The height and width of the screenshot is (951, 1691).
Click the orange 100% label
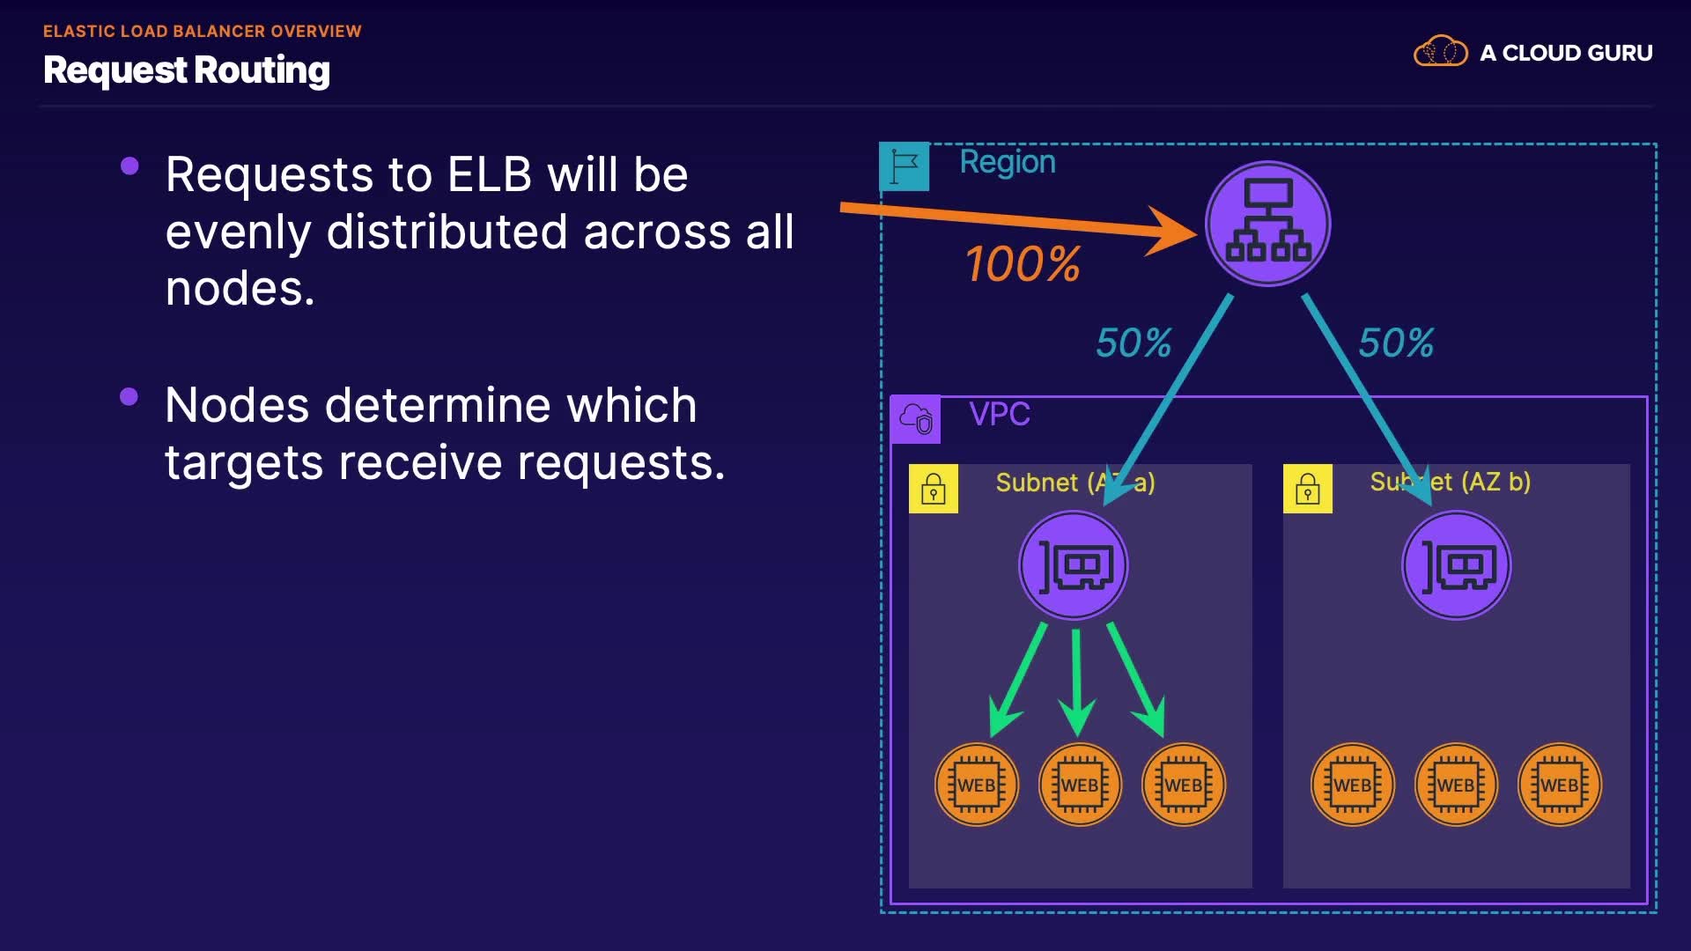coord(1023,264)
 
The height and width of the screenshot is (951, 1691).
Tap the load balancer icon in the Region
coord(1267,224)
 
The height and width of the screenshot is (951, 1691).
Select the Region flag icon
coord(905,166)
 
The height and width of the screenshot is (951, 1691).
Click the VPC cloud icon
coord(916,419)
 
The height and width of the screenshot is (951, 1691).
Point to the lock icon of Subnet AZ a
coord(934,489)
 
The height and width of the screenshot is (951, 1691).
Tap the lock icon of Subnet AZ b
coord(1308,489)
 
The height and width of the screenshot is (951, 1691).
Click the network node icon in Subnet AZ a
coord(1074,566)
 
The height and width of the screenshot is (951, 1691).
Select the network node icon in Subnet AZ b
coord(1457,566)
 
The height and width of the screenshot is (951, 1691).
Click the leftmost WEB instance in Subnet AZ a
coord(977,785)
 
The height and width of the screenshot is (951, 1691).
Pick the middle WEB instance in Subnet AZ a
coord(1080,785)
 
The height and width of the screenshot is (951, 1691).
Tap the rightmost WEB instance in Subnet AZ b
coord(1560,785)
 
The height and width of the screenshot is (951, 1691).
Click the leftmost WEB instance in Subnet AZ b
coord(1353,785)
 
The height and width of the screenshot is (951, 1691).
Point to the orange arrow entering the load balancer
coord(1013,219)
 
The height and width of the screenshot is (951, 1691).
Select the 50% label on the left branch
coord(1133,343)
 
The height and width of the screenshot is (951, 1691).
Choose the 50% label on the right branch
coord(1396,343)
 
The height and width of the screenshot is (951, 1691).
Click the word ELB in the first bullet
coord(490,174)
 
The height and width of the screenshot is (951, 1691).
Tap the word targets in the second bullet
coord(244,463)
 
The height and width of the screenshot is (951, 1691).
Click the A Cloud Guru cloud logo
coord(1440,52)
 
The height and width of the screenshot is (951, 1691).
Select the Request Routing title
coord(187,70)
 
